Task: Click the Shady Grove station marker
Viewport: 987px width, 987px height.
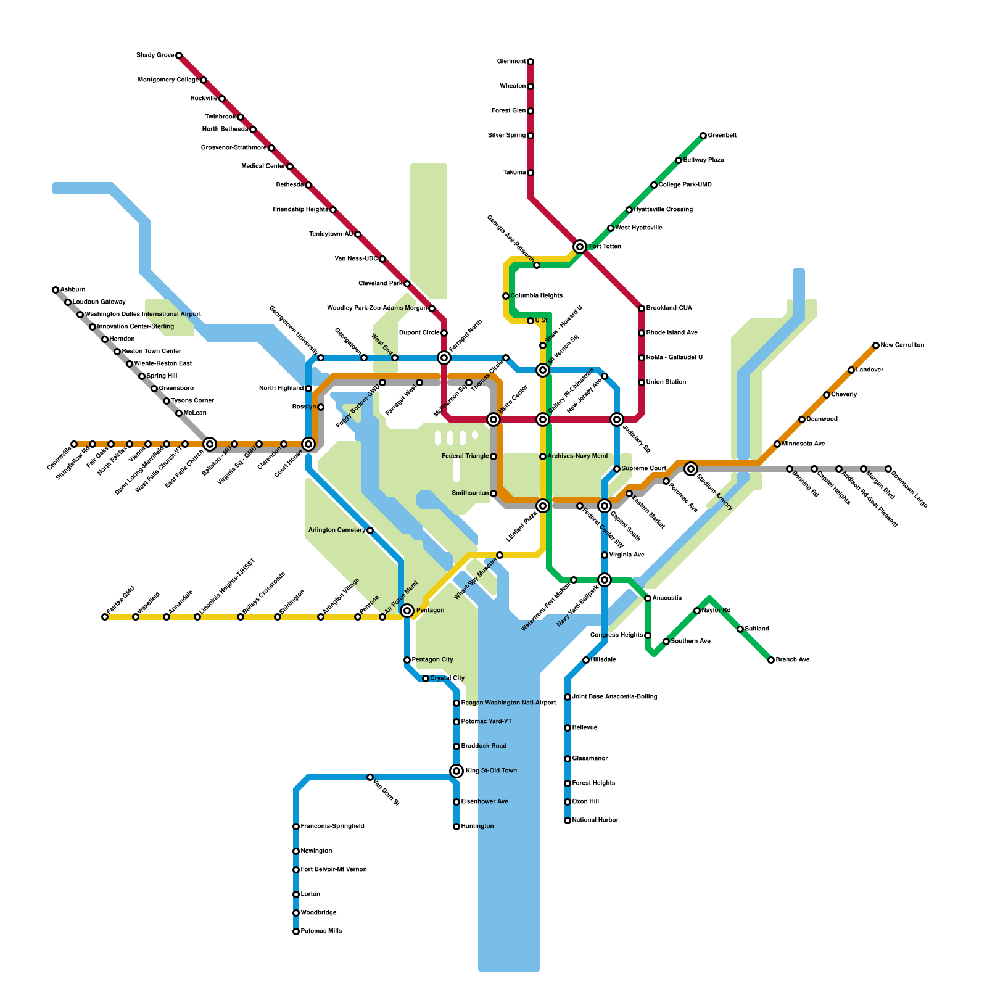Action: tap(179, 56)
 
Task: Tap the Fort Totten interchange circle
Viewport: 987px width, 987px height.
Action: tap(580, 247)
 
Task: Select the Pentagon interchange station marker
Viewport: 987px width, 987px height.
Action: tap(407, 611)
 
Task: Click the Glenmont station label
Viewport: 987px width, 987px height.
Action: tap(511, 62)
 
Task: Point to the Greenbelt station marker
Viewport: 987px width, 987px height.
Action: tap(703, 136)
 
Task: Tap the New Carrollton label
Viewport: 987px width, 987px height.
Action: tap(902, 345)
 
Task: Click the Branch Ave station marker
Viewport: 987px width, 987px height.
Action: tap(771, 660)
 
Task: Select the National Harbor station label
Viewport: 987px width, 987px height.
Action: tap(595, 820)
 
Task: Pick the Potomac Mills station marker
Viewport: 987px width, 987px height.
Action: tap(296, 931)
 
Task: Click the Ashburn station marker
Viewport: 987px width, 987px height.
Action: tap(56, 290)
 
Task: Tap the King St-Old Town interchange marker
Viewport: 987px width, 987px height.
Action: tap(456, 771)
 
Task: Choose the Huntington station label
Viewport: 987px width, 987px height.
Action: tap(477, 827)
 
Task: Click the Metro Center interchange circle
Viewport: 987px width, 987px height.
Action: tap(493, 419)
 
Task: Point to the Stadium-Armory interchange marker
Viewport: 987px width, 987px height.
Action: tap(691, 469)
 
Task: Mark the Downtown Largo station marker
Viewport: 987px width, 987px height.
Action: tap(888, 469)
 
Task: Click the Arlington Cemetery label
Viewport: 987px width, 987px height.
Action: tap(337, 531)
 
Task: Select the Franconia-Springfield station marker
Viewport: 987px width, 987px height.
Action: tap(296, 827)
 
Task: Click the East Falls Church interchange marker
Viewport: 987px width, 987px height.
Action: tap(210, 444)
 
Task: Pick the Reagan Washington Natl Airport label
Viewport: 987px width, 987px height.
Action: tap(508, 703)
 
